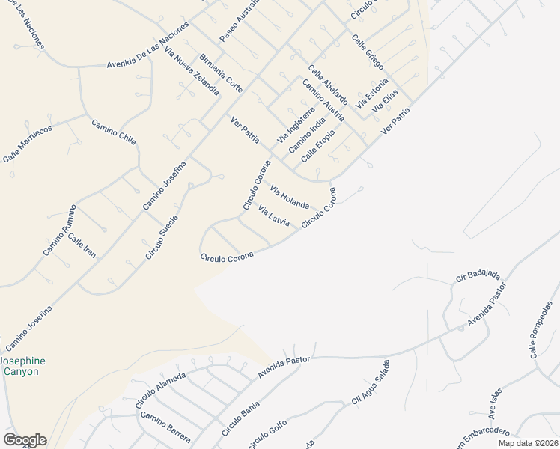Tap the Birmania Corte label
(221, 73)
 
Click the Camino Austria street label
(323, 100)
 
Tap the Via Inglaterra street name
(296, 123)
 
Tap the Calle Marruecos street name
(27, 144)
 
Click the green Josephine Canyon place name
(22, 366)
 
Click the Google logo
(25, 440)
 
